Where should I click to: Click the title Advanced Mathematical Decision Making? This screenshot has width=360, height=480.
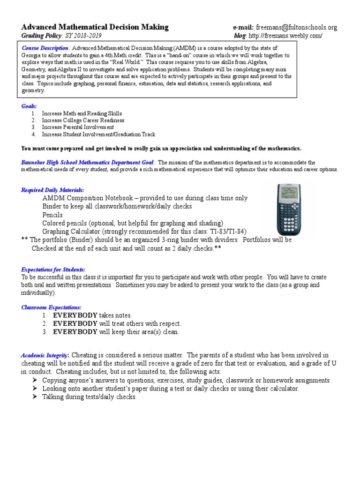[95, 27]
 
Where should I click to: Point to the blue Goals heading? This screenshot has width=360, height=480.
[29, 106]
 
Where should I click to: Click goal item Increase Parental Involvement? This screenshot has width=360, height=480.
[78, 127]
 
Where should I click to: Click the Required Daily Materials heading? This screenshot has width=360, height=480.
[52, 190]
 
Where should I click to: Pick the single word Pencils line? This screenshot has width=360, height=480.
[52, 215]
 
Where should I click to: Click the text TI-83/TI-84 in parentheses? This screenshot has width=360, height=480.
[225, 232]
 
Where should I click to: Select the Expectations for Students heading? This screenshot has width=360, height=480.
[53, 270]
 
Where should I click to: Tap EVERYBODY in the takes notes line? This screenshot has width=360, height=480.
[75, 315]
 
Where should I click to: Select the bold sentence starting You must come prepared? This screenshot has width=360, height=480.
[161, 148]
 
